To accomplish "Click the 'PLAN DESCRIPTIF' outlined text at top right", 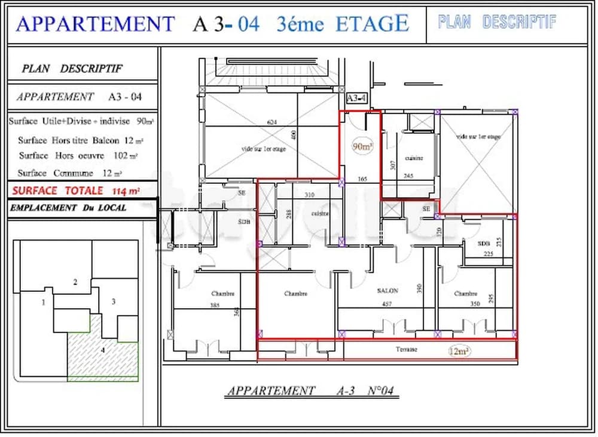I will [x=497, y=23].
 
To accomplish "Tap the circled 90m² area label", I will [x=362, y=146].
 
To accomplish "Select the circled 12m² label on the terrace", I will [x=459, y=351].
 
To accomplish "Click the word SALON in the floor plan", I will [x=388, y=291].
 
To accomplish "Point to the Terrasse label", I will [x=405, y=349].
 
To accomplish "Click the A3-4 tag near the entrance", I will [x=356, y=97].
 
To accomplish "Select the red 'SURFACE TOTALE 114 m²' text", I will [x=75, y=191].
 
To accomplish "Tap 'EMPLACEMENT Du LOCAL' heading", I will [x=68, y=208].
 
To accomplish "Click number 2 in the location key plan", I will [x=75, y=282].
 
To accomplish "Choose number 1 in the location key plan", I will [x=43, y=303].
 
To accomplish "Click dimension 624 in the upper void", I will [x=272, y=122].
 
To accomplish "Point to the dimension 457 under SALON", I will [x=388, y=304].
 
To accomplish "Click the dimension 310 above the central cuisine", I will [x=309, y=195].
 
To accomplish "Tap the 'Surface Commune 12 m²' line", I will [x=70, y=173].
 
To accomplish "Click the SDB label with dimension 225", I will [x=484, y=244].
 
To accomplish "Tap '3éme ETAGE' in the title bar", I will [x=343, y=23].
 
